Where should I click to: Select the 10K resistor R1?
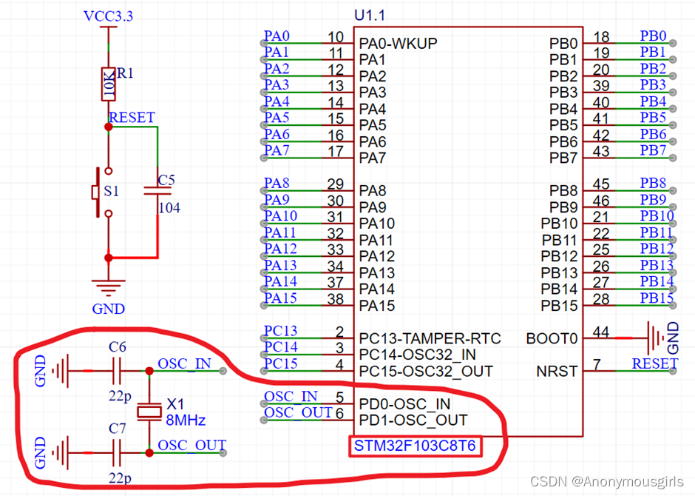click(x=108, y=84)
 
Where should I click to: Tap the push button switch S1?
click(x=96, y=192)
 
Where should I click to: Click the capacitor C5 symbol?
click(x=157, y=191)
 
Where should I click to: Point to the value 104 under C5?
click(x=169, y=208)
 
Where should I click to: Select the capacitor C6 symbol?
click(x=117, y=369)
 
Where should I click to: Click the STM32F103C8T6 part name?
click(x=415, y=446)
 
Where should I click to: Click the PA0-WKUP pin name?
click(x=398, y=43)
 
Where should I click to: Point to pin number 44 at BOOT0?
click(x=601, y=333)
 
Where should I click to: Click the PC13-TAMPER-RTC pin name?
click(x=430, y=338)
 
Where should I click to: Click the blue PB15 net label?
click(x=657, y=298)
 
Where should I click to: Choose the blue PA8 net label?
click(x=277, y=183)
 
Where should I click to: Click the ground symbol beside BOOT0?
click(x=655, y=338)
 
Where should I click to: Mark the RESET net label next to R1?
click(x=132, y=118)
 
